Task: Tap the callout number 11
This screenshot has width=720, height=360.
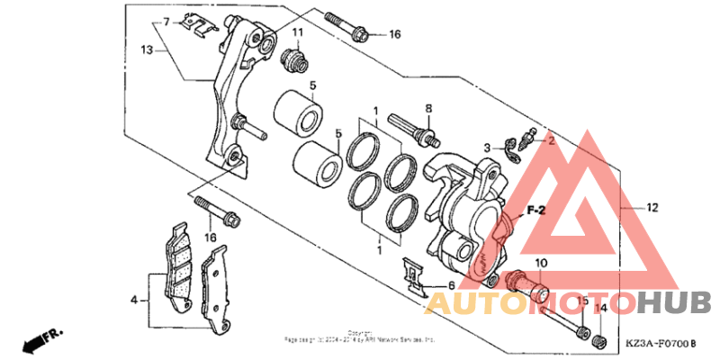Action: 297,34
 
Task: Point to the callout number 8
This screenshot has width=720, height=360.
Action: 428,108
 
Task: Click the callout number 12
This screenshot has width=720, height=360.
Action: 652,207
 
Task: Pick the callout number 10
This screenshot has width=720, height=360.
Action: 540,263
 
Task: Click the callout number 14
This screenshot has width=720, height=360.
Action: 603,309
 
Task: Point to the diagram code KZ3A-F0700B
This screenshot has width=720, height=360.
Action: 661,344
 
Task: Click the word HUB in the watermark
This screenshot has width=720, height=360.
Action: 674,302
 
